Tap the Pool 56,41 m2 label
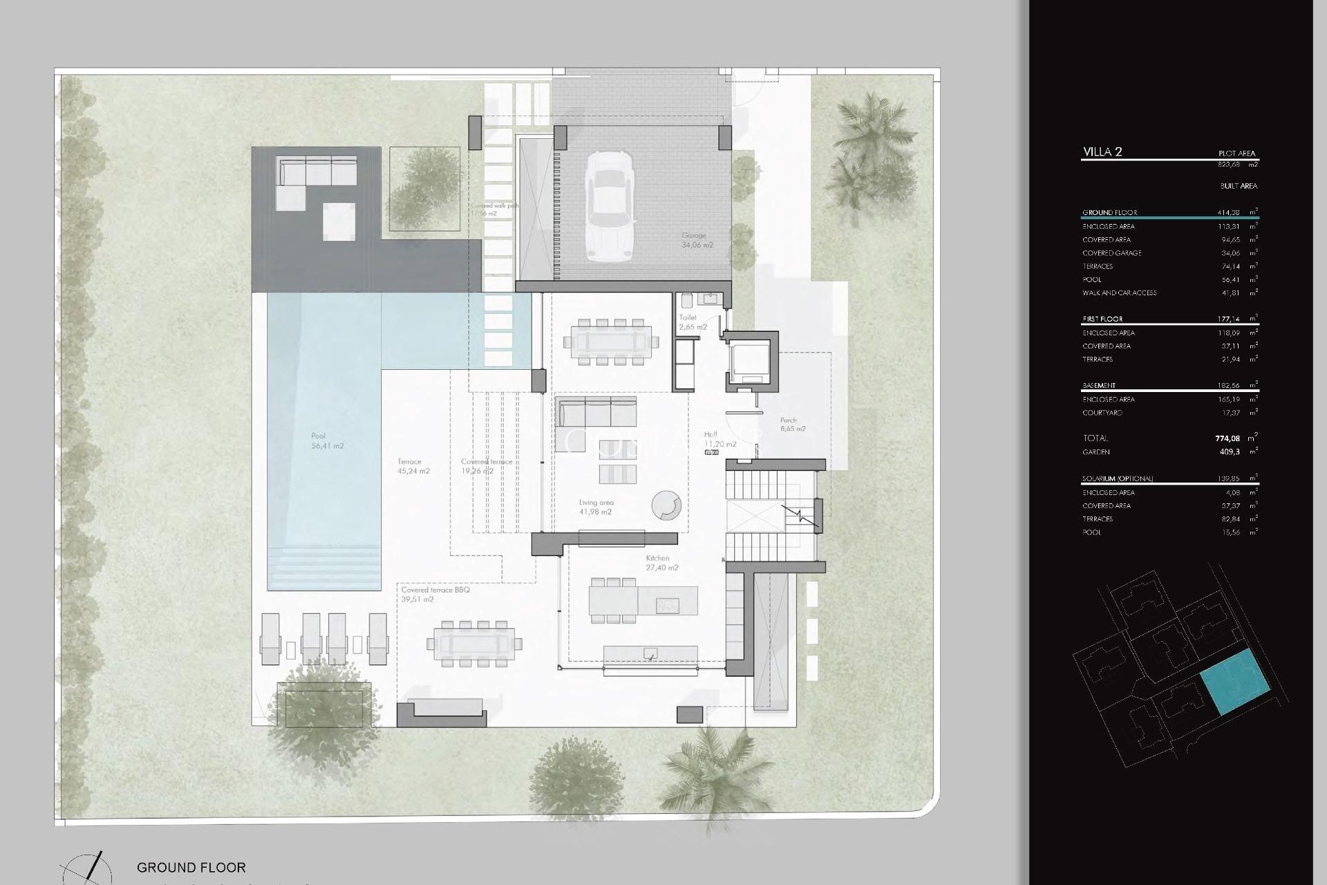[327, 441]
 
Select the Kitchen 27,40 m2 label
[661, 563]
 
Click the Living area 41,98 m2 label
[596, 507]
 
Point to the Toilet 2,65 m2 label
[692, 322]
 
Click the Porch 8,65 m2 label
[792, 425]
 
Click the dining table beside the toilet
[611, 342]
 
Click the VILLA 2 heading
[1102, 152]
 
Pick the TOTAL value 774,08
[1227, 438]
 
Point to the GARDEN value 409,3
[1230, 452]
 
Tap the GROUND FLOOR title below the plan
[191, 867]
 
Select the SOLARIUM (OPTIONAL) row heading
[1118, 478]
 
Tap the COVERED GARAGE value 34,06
[1230, 253]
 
